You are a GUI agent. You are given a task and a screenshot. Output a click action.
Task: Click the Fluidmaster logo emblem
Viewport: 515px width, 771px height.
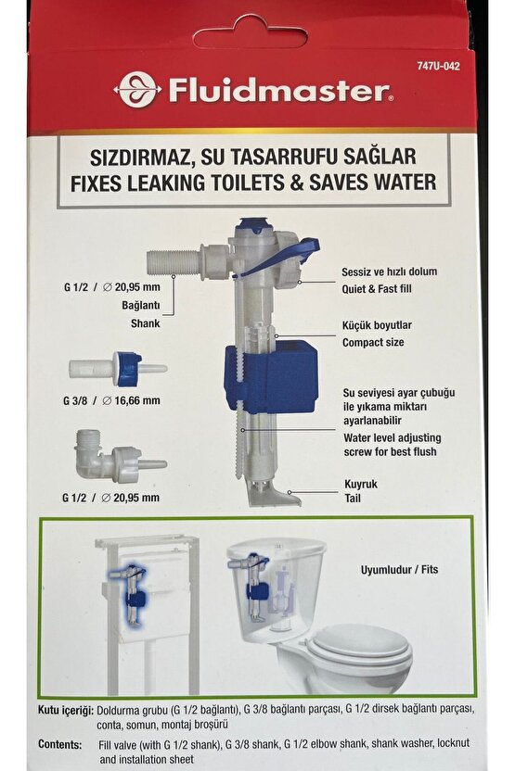tap(137, 89)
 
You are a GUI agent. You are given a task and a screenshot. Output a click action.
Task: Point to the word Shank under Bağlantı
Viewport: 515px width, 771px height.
tap(144, 324)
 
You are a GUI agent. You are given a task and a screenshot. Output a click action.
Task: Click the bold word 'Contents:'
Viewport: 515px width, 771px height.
tap(66, 744)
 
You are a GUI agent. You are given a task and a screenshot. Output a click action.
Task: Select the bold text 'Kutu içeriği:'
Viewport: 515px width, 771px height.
tap(66, 708)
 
